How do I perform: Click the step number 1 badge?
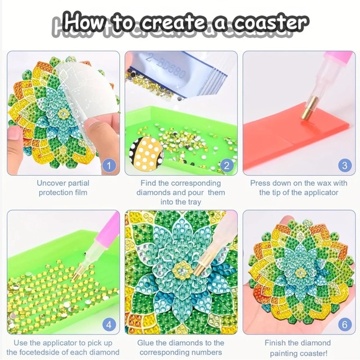click(109, 165)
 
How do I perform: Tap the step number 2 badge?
click(227, 165)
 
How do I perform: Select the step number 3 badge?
click(344, 165)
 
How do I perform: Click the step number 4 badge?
click(109, 324)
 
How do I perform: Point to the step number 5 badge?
click(227, 324)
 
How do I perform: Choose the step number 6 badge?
click(344, 324)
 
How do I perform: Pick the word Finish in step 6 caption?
click(277, 343)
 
